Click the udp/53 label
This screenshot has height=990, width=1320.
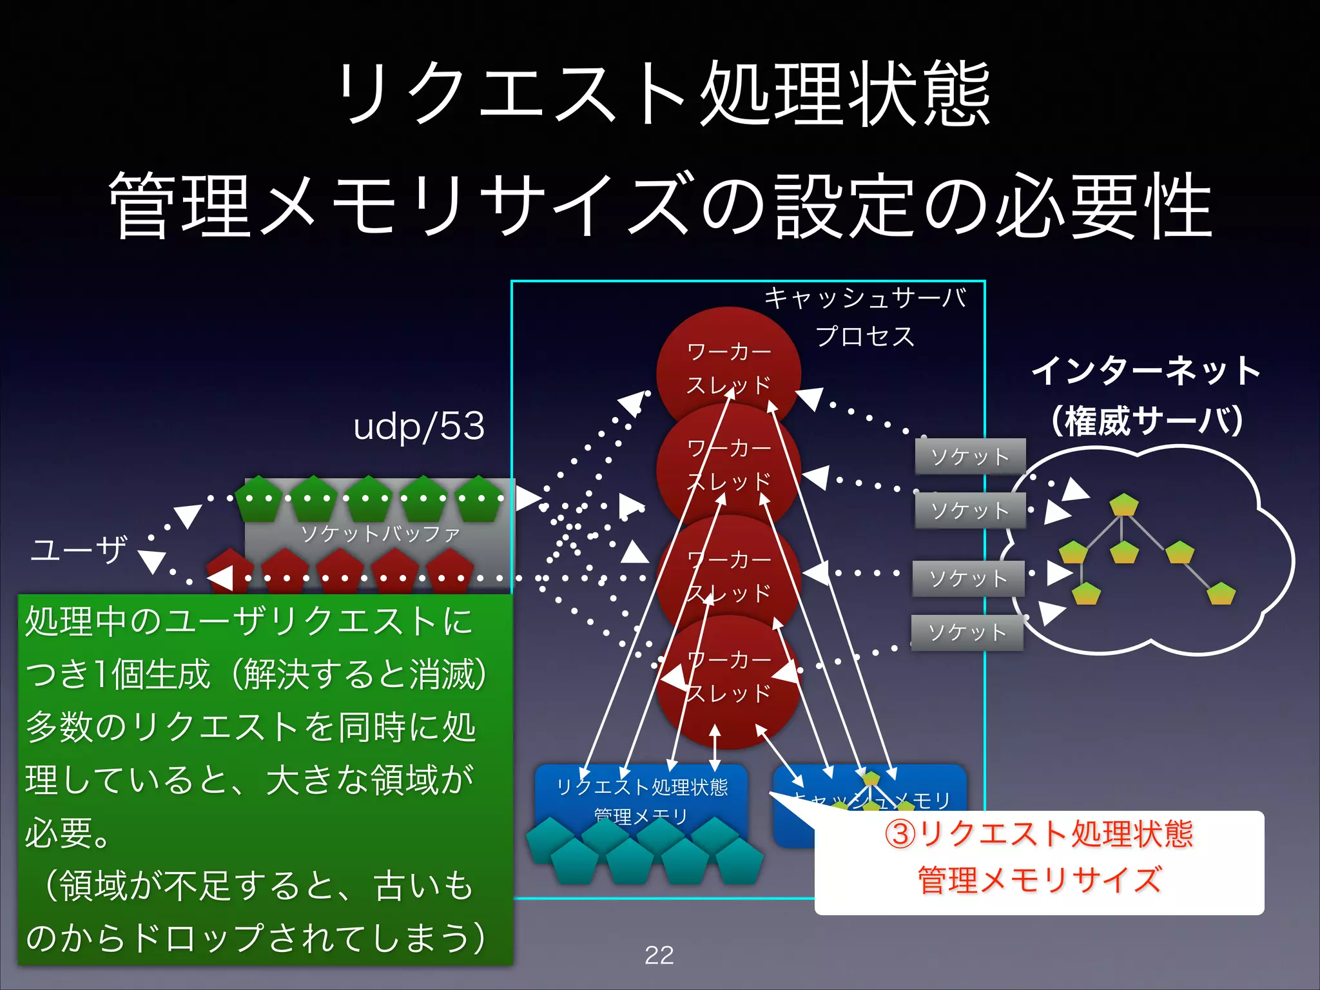click(x=419, y=427)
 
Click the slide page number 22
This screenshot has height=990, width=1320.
click(x=659, y=955)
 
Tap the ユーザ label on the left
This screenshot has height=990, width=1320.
click(x=79, y=550)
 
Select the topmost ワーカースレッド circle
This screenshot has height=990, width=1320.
click(x=728, y=361)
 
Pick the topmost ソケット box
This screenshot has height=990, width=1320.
click(x=970, y=456)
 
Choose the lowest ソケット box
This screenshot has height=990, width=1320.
click(x=967, y=632)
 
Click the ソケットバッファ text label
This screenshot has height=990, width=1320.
click(x=380, y=534)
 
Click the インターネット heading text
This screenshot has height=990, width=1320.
click(x=1146, y=371)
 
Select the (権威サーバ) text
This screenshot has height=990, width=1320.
click(x=1146, y=422)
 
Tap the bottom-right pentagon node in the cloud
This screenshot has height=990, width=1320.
click(x=1221, y=594)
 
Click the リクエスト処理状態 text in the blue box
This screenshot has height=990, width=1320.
click(x=642, y=787)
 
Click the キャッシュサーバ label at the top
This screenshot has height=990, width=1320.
click(x=865, y=298)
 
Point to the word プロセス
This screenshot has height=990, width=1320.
click(x=865, y=336)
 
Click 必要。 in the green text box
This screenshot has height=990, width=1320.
click(x=68, y=833)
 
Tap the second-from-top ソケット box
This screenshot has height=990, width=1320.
click(x=970, y=510)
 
